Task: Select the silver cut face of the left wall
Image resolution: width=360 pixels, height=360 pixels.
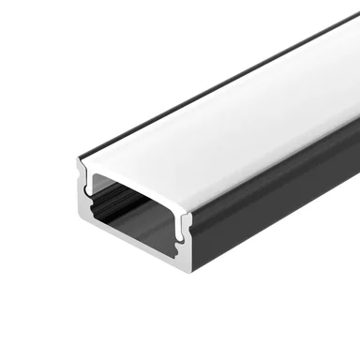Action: coord(83,202)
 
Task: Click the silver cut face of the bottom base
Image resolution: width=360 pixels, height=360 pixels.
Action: coord(131,250)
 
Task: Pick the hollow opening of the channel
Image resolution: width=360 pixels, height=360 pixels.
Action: coord(136,206)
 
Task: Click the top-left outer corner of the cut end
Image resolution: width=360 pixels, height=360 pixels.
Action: coord(78,161)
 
